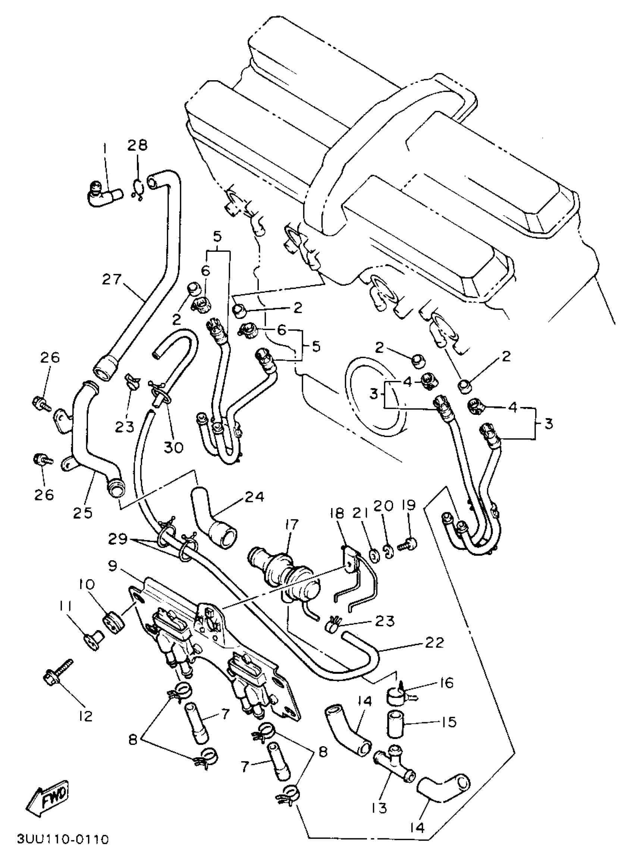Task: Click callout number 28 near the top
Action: (x=137, y=145)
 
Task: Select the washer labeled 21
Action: (x=372, y=555)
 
